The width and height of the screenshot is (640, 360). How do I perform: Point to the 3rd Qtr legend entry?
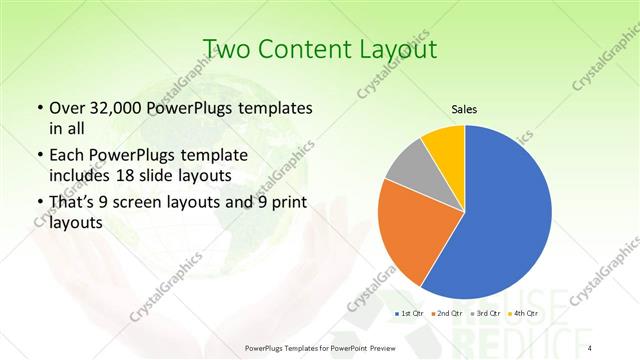pyautogui.click(x=485, y=314)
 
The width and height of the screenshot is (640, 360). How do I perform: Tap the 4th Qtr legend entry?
pyautogui.click(x=523, y=314)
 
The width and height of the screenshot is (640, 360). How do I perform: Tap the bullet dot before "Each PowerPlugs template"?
pyautogui.click(x=39, y=156)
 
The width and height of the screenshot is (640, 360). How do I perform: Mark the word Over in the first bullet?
pyautogui.click(x=66, y=108)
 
